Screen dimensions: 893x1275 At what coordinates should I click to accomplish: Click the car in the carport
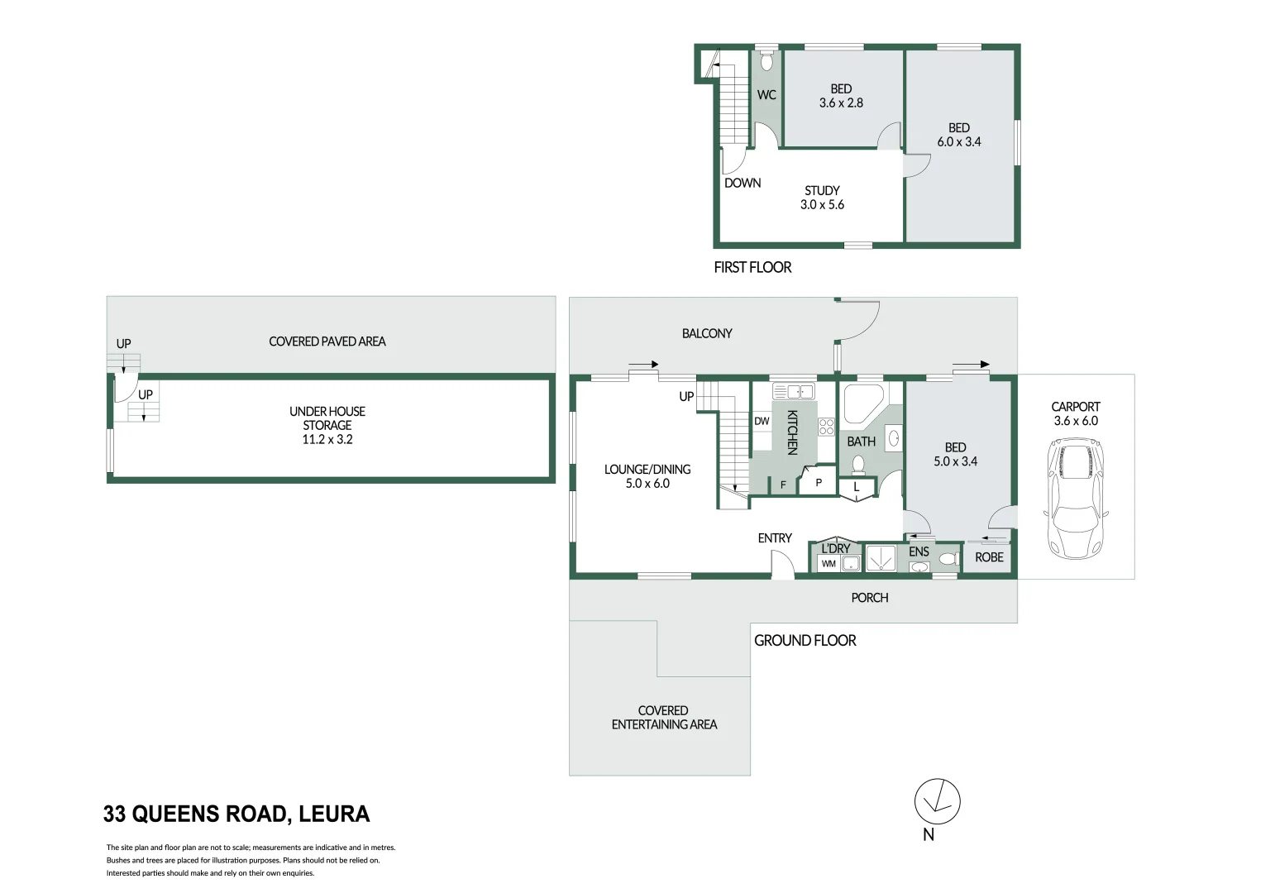pyautogui.click(x=1075, y=499)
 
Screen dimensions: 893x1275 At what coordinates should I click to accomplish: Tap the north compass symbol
pyautogui.click(x=937, y=801)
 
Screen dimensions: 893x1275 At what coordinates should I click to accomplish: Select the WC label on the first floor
pyautogui.click(x=766, y=95)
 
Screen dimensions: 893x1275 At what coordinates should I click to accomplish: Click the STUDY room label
pyautogui.click(x=822, y=190)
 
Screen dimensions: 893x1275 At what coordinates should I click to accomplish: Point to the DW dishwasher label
pyautogui.click(x=762, y=421)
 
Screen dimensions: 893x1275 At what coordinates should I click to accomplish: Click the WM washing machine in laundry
pyautogui.click(x=829, y=564)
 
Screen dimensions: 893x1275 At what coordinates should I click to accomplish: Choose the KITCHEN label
pyautogui.click(x=792, y=432)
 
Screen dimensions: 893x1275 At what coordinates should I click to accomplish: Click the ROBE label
pyautogui.click(x=989, y=557)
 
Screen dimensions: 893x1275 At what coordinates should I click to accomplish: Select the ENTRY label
pyautogui.click(x=775, y=538)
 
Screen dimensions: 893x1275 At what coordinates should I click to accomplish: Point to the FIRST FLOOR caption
pyautogui.click(x=752, y=267)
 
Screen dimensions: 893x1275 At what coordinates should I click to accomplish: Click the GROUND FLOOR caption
pyautogui.click(x=805, y=640)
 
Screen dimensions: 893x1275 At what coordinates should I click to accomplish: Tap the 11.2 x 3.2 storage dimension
pyautogui.click(x=327, y=439)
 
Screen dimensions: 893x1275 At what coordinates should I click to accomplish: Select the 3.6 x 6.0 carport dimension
pyautogui.click(x=1076, y=421)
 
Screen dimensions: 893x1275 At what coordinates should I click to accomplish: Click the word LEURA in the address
pyautogui.click(x=334, y=814)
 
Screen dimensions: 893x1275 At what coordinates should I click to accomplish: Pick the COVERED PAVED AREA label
pyautogui.click(x=327, y=341)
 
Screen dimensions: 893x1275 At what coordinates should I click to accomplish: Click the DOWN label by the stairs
pyautogui.click(x=743, y=183)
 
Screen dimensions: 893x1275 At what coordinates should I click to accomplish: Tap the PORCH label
pyautogui.click(x=870, y=598)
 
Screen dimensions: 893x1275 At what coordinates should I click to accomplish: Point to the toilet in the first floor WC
pyautogui.click(x=766, y=61)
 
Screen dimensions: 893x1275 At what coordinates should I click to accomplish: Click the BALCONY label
pyautogui.click(x=707, y=333)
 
